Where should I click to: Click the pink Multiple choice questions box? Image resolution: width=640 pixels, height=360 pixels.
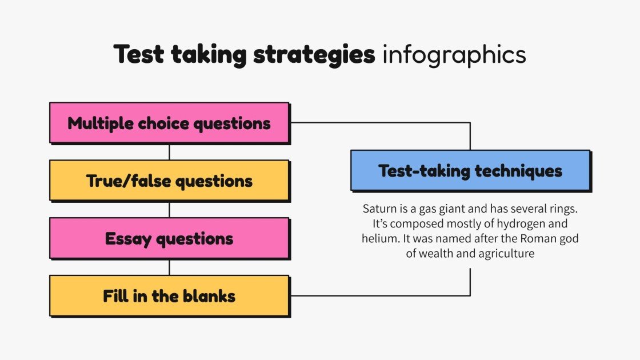pos(169,122)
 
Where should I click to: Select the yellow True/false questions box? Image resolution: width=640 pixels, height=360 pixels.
pos(169,181)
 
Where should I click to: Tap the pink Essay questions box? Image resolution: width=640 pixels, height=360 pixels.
pos(169,238)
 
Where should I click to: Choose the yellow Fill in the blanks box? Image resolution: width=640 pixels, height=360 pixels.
pos(169,296)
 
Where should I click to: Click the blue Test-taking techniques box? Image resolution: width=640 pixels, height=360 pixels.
pos(470,170)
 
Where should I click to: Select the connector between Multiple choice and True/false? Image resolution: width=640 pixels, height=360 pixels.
pos(169,151)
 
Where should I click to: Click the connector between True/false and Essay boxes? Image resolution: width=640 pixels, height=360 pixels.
pos(169,209)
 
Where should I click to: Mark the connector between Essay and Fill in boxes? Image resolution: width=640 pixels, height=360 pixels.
pos(169,267)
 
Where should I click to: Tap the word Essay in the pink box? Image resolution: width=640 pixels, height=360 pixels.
pos(129,238)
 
